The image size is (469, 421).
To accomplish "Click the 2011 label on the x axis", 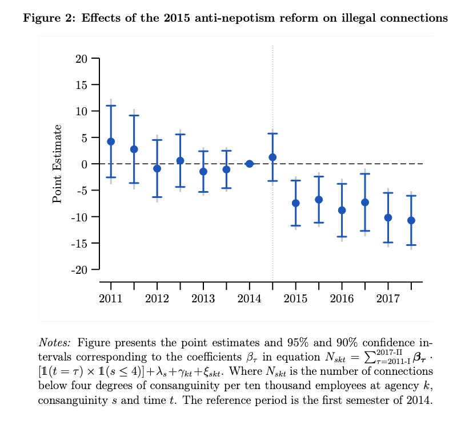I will point(111,299).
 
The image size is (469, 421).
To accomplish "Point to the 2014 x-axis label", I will point(249,299).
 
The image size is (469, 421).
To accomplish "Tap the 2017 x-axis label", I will point(388,299).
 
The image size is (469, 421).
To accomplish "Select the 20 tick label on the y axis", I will point(81,59).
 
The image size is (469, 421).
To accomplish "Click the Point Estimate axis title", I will point(57,165).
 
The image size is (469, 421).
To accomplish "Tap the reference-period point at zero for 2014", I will point(249,164).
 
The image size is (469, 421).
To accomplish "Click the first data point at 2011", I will point(111,141).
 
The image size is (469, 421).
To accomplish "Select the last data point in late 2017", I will point(411,220).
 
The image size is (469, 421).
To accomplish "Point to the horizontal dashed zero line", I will point(343,164).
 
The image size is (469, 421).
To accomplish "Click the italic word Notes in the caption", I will point(54,343).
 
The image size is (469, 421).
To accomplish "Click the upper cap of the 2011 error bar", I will point(111,106).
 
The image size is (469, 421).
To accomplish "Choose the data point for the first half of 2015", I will point(295,203).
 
